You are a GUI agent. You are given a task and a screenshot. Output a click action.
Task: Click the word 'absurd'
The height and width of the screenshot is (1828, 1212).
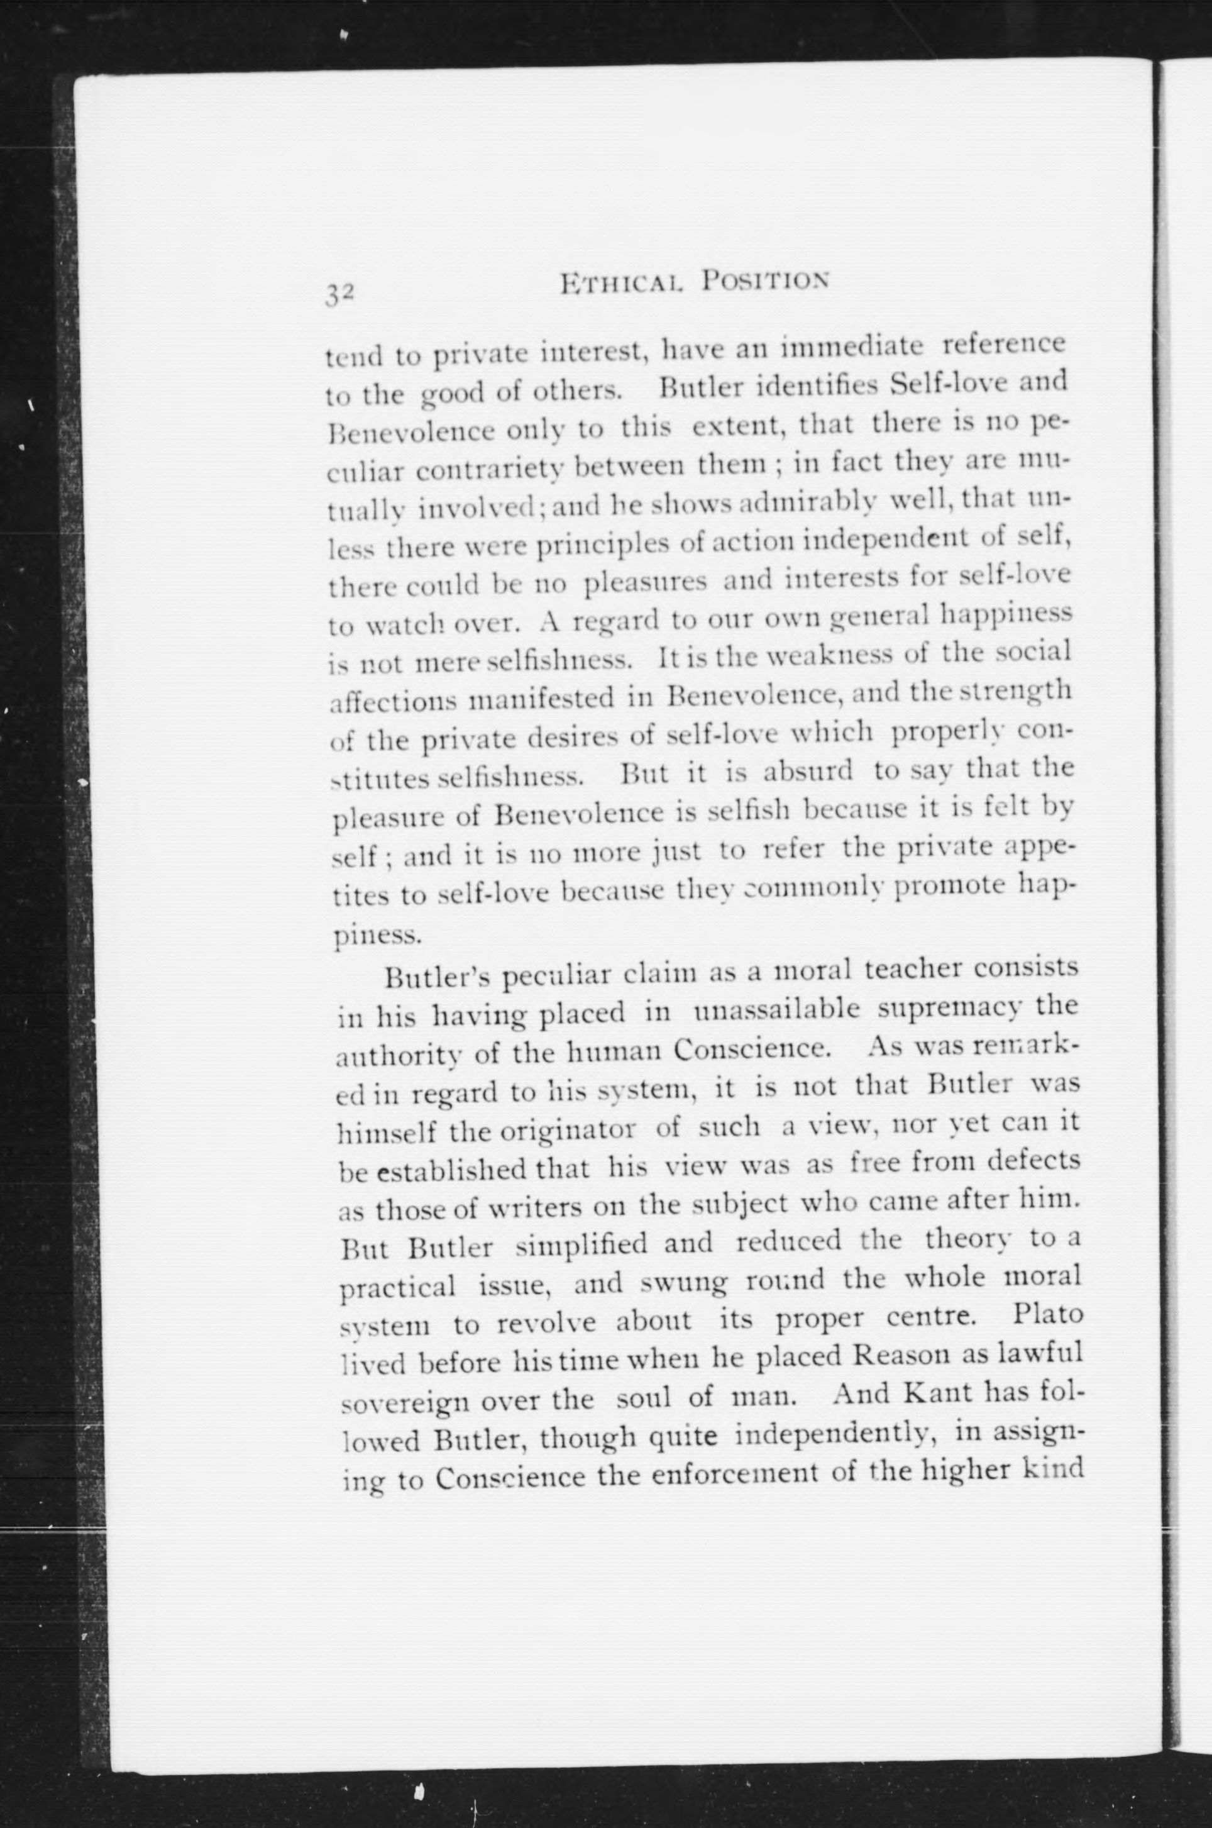tap(808, 771)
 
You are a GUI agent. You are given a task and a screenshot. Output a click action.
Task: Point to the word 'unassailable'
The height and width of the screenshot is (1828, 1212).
tap(777, 1011)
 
